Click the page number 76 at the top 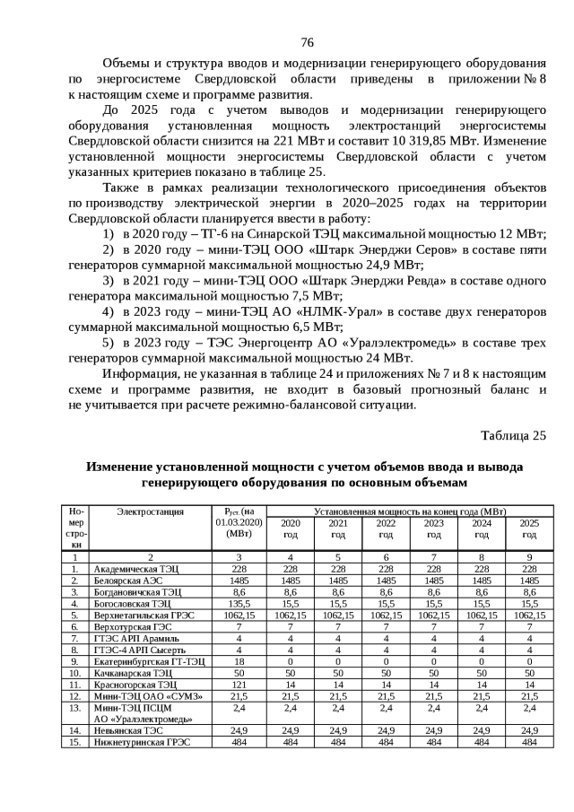(x=307, y=42)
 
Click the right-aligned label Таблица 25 (x=513, y=435)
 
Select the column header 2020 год (x=291, y=528)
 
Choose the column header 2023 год (x=433, y=528)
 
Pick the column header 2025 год (x=529, y=528)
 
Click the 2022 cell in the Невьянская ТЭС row (x=386, y=730)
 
